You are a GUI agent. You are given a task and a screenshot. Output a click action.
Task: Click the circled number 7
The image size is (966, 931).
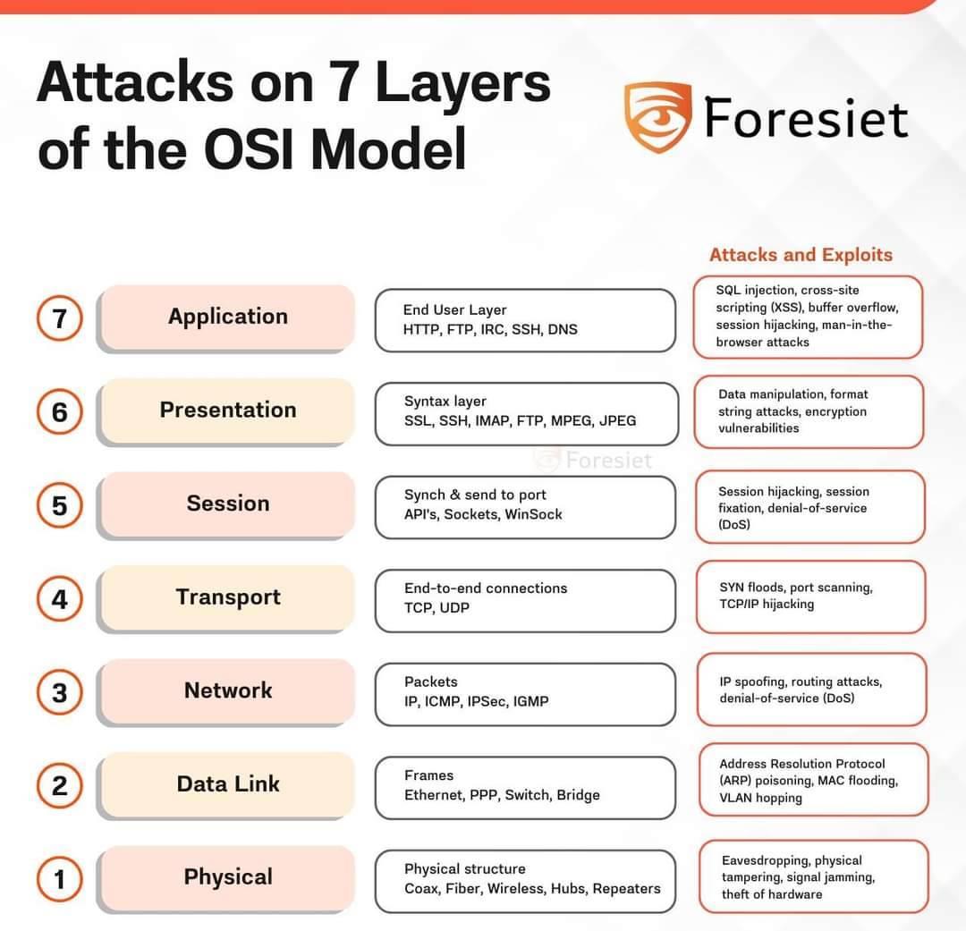click(59, 318)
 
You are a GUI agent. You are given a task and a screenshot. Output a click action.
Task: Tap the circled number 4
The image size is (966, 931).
click(59, 599)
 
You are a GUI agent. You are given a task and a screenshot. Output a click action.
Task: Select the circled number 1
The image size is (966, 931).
click(59, 879)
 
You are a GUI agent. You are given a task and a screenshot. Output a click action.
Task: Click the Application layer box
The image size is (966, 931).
click(226, 317)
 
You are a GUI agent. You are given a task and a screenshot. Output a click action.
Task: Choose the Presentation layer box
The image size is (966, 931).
click(226, 411)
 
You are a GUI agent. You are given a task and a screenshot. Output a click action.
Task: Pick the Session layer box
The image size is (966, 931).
click(226, 505)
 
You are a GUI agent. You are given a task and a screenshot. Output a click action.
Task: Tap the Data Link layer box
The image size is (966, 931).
click(226, 785)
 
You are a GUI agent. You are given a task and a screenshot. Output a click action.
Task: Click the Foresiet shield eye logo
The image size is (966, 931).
click(657, 116)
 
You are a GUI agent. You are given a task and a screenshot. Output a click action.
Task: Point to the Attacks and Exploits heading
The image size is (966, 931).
click(801, 255)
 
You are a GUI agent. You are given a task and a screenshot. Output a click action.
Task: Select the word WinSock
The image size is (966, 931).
click(533, 514)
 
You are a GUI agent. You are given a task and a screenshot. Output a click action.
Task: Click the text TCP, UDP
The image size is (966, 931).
click(436, 608)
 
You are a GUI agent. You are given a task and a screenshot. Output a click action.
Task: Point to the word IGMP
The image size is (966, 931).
click(530, 701)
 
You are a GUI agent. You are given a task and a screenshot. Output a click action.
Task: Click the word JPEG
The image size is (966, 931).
click(617, 421)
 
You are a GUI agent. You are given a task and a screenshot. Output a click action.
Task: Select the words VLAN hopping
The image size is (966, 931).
click(761, 798)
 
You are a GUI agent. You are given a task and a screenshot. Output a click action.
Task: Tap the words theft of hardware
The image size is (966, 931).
click(772, 894)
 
